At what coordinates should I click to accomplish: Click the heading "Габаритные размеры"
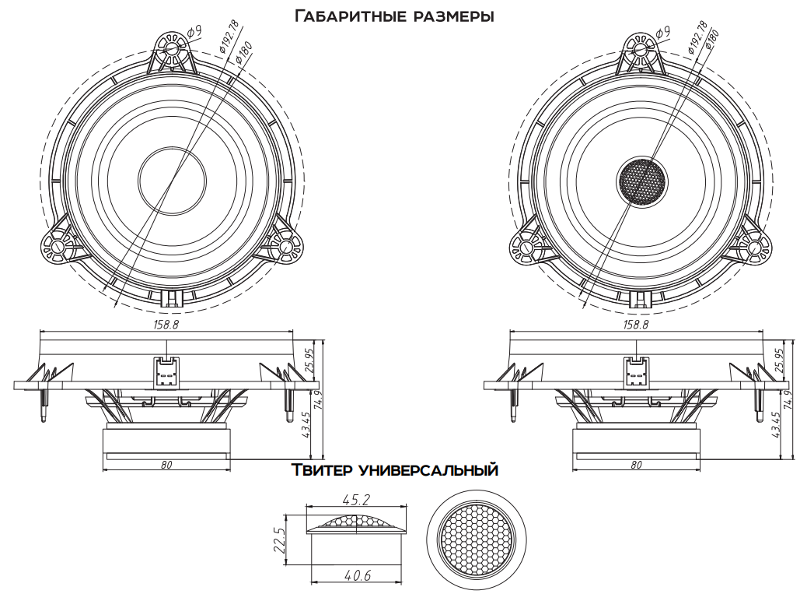(x=394, y=15)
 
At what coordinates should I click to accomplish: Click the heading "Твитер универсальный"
(x=394, y=470)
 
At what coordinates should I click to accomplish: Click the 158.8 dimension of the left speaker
(x=166, y=324)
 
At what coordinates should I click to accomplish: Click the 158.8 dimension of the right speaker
(x=635, y=324)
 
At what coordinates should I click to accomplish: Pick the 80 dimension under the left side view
(x=166, y=465)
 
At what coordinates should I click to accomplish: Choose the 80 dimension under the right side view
(x=636, y=465)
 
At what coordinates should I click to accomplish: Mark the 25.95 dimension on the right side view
(x=779, y=363)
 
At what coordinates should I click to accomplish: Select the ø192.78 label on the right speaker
(x=697, y=38)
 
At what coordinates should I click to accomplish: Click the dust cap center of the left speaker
(x=172, y=178)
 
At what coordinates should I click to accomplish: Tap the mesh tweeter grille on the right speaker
(x=643, y=181)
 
